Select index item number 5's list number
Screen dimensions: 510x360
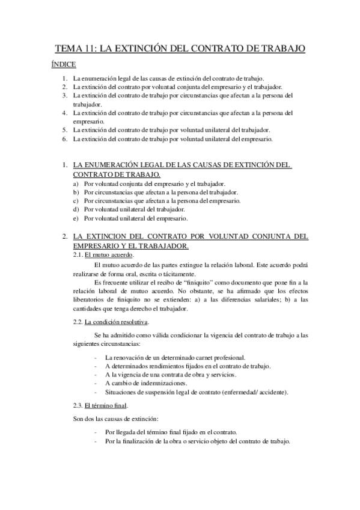[x=64, y=129]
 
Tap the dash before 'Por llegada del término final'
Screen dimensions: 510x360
[x=97, y=432]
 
